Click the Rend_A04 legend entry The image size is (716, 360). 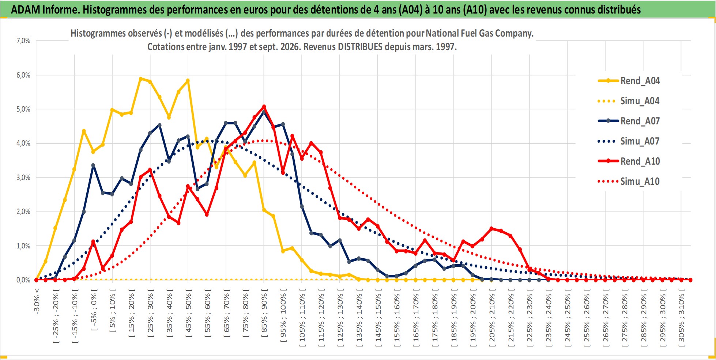[629, 81]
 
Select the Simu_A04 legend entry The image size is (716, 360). [629, 101]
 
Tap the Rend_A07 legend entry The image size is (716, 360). [629, 121]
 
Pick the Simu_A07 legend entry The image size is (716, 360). [629, 141]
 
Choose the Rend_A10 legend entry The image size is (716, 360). [629, 161]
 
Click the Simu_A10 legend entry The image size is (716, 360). [629, 181]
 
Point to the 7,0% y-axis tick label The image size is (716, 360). [23, 41]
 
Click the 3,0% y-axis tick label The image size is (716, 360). [23, 177]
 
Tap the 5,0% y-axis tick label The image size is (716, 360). [23, 109]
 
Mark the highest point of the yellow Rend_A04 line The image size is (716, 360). [140, 79]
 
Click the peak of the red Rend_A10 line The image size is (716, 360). [264, 107]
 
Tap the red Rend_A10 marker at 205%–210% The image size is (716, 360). [491, 229]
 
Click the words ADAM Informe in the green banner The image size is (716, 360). [45, 10]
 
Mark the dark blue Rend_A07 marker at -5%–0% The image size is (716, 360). [93, 165]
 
